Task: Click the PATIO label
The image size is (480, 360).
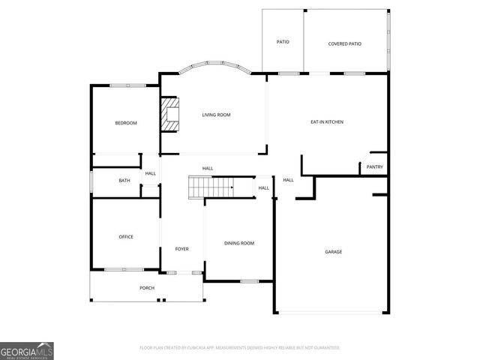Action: pyautogui.click(x=283, y=42)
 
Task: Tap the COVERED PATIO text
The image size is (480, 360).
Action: pyautogui.click(x=345, y=43)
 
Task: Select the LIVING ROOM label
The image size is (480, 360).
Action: pyautogui.click(x=216, y=115)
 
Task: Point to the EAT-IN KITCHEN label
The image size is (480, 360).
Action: pyautogui.click(x=327, y=121)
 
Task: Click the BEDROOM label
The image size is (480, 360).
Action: pyautogui.click(x=126, y=123)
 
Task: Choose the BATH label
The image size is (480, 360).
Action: pyautogui.click(x=124, y=180)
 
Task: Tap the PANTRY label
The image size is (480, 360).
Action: pyautogui.click(x=375, y=167)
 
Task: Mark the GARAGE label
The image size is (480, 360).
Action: pyautogui.click(x=333, y=252)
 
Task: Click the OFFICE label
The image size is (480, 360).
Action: pyautogui.click(x=126, y=237)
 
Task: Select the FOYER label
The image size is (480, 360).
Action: pyautogui.click(x=182, y=249)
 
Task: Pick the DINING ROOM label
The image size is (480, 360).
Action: pyautogui.click(x=240, y=243)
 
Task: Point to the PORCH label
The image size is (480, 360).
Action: pyautogui.click(x=147, y=288)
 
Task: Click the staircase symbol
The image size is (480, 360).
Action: pyautogui.click(x=211, y=187)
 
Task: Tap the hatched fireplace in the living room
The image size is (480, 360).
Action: pyautogui.click(x=170, y=114)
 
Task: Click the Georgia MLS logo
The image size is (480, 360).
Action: pyautogui.click(x=27, y=350)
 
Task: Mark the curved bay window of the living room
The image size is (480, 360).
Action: pyautogui.click(x=216, y=67)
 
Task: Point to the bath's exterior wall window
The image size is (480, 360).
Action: pyautogui.click(x=91, y=181)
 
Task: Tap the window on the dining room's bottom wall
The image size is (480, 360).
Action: pyautogui.click(x=250, y=281)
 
